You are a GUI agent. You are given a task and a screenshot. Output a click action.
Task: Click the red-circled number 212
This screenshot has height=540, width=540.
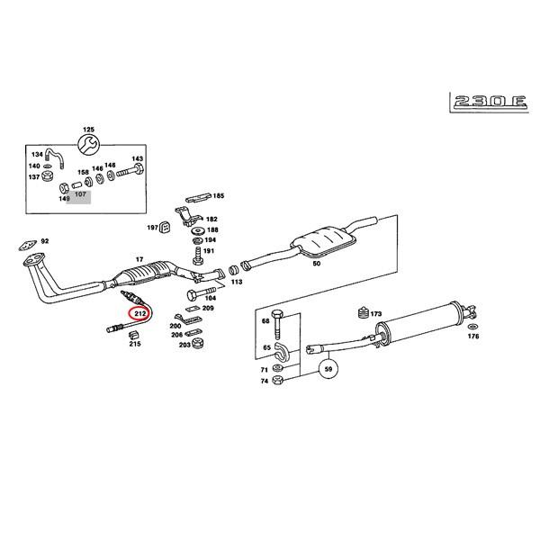tap(139, 313)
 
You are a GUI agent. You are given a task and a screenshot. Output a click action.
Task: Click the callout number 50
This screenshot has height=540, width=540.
tap(316, 265)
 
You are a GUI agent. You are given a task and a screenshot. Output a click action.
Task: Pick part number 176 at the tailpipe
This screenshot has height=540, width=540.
tap(473, 337)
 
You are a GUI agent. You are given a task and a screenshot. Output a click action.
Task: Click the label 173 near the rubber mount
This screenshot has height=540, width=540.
tap(376, 314)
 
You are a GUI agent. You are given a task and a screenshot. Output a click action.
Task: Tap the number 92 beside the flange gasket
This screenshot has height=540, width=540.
tap(45, 241)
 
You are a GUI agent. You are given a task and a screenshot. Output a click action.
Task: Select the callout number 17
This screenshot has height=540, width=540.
tap(139, 260)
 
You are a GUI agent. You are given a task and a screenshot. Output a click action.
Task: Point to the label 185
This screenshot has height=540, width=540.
tap(218, 195)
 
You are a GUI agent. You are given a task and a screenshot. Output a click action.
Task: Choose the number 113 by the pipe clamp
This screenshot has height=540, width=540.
tap(237, 282)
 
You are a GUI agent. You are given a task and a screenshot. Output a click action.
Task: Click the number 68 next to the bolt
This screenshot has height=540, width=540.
tap(265, 320)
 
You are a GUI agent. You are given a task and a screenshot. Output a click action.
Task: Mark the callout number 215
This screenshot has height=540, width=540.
tap(135, 343)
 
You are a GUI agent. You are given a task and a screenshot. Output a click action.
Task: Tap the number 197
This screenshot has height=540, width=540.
tap(152, 228)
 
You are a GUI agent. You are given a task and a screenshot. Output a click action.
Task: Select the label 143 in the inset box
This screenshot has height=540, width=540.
tap(138, 158)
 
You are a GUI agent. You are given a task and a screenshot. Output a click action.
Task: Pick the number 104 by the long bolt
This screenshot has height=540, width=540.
tap(211, 297)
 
